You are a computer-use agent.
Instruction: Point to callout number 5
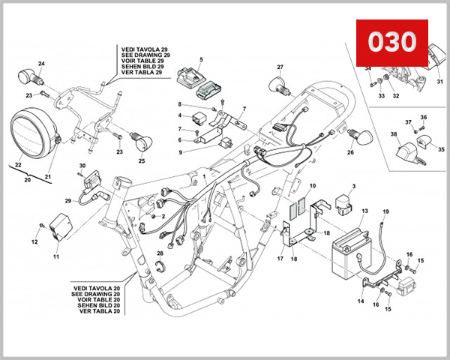click(x=200, y=58)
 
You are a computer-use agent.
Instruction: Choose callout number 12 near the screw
click(x=34, y=241)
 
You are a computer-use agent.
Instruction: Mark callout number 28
click(x=160, y=254)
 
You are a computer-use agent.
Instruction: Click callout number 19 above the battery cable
click(x=385, y=212)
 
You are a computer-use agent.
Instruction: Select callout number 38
click(x=393, y=134)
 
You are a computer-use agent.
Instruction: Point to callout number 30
click(x=82, y=165)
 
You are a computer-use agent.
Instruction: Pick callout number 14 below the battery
click(x=360, y=301)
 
